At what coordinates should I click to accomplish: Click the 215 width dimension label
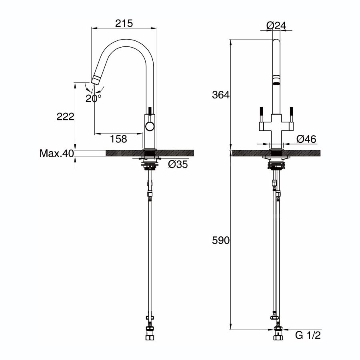point(124,23)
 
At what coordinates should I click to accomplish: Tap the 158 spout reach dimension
point(118,139)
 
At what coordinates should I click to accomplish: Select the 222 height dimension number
point(66,117)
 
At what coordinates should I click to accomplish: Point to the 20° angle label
point(94,98)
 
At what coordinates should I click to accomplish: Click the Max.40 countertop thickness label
point(56,153)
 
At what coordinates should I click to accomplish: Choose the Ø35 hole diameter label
point(178,164)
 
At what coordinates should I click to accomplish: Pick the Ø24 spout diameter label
point(276,26)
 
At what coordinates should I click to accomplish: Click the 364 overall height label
point(221,95)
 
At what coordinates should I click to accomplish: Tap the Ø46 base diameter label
point(306,139)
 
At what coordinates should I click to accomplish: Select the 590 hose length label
point(221,240)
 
